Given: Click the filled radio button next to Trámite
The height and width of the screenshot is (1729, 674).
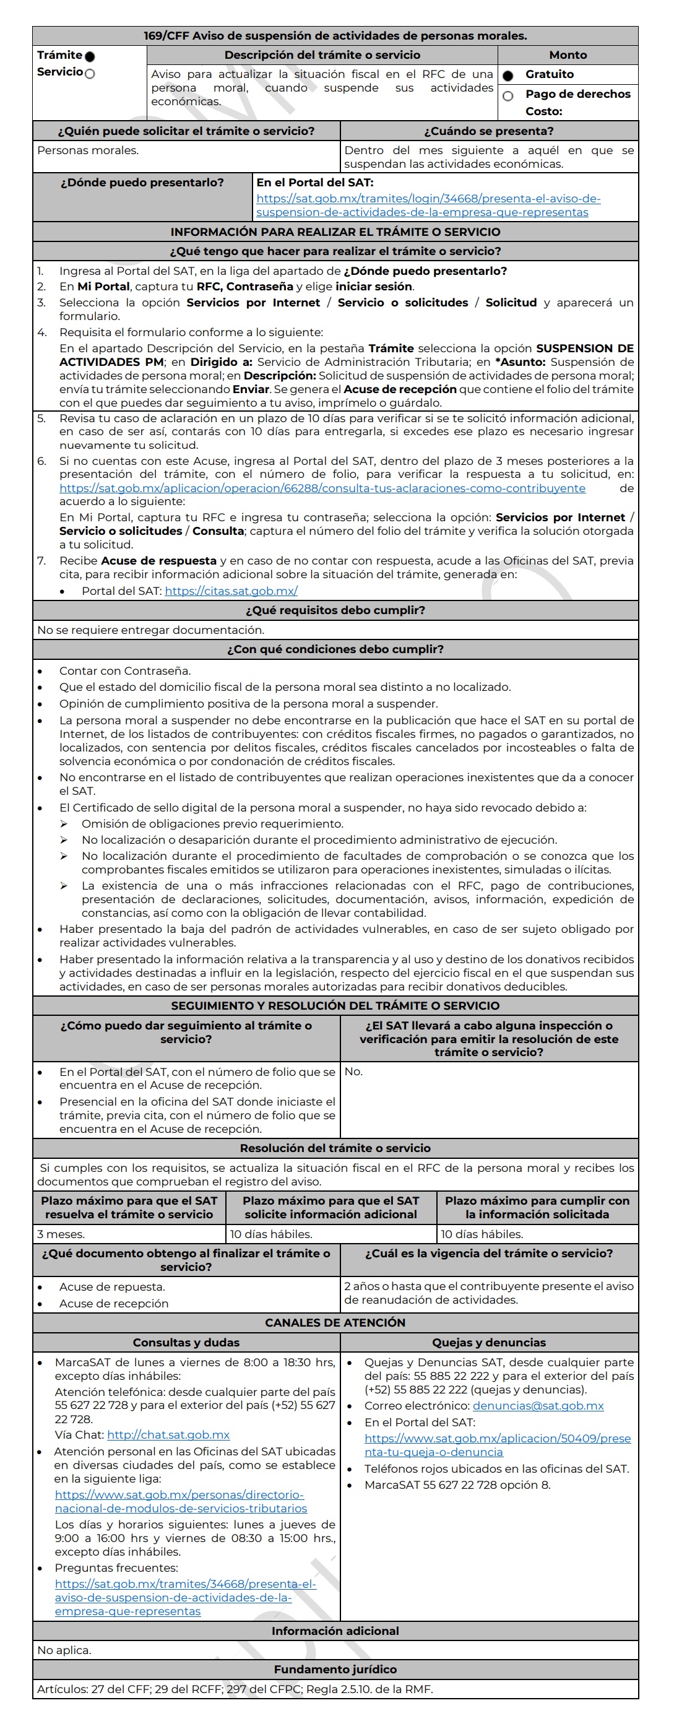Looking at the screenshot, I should pos(90,56).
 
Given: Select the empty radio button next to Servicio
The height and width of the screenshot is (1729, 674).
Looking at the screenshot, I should pos(90,73).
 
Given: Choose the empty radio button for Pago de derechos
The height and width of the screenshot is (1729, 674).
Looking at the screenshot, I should pos(508,96).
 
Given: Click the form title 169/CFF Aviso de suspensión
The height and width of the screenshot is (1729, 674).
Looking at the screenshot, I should pos(335,35).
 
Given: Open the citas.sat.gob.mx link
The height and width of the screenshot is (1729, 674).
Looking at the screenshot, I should pos(231,591).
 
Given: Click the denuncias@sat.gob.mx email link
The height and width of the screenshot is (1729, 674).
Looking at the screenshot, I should pos(538,1405).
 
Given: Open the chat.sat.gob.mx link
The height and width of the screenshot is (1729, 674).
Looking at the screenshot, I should pos(168,1434).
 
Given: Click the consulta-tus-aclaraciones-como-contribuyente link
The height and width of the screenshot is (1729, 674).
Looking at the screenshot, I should pos(322,488).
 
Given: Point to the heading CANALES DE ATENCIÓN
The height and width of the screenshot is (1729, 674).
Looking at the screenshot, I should pos(335,1322).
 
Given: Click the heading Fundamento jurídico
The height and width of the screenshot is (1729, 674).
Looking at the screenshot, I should pos(335,1670).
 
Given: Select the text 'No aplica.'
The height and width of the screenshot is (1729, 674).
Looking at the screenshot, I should pos(64,1650).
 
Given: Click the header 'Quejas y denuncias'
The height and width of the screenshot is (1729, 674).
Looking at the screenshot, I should pos(489,1342).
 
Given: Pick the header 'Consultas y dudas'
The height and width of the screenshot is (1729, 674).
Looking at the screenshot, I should pos(186,1342).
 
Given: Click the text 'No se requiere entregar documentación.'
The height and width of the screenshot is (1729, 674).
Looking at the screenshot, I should pos(151,630).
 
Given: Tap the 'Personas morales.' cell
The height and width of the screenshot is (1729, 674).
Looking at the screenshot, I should pos(88,150).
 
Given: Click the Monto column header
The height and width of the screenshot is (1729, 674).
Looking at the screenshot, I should pos(568,55).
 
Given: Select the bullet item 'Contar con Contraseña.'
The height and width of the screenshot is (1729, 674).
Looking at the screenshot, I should pos(125,670).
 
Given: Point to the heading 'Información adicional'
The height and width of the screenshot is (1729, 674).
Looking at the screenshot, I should pos(335,1631).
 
